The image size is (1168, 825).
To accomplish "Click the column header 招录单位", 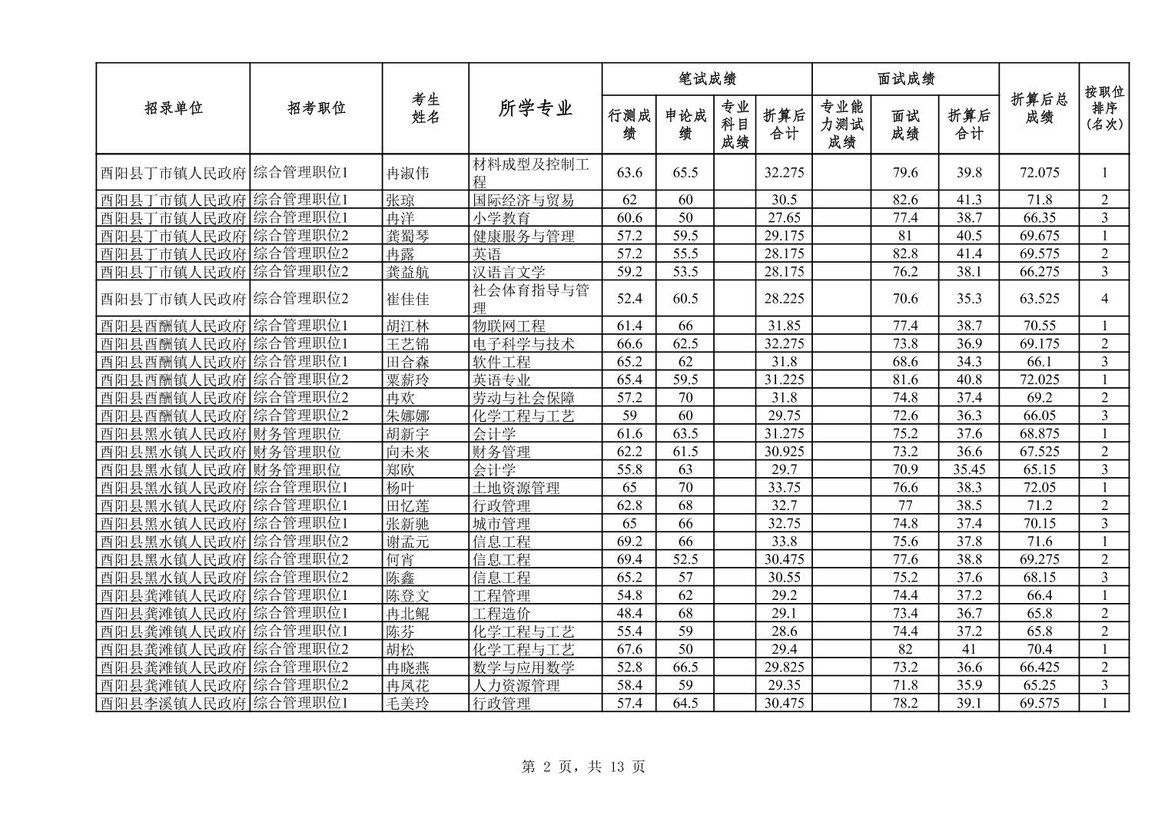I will click(173, 108).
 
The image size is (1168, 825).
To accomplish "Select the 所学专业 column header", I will click(535, 108).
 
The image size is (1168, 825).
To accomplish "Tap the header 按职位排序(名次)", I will click(1103, 108).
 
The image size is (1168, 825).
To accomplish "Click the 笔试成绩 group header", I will click(707, 78).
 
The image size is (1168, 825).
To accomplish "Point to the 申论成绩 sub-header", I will click(685, 124).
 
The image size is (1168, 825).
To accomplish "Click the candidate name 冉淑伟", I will click(407, 173).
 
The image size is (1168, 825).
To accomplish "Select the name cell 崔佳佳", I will click(407, 299).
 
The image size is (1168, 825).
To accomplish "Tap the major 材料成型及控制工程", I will click(530, 173).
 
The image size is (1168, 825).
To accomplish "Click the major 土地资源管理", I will click(516, 488).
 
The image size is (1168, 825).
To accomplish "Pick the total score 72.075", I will click(1039, 173).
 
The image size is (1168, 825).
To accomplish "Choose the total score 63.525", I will click(1039, 299).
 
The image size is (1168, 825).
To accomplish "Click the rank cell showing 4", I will click(1104, 299).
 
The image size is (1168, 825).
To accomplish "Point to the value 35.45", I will click(969, 469).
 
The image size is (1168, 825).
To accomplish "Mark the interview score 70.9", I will click(905, 469).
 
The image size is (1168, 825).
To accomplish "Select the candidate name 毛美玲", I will click(407, 704).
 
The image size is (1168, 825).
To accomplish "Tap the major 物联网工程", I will click(509, 326).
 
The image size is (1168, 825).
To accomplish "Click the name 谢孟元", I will click(407, 542).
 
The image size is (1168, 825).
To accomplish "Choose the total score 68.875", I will click(1039, 434).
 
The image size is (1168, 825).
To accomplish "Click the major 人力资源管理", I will click(516, 685).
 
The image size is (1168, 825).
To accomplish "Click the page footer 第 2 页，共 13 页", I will click(583, 767).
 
